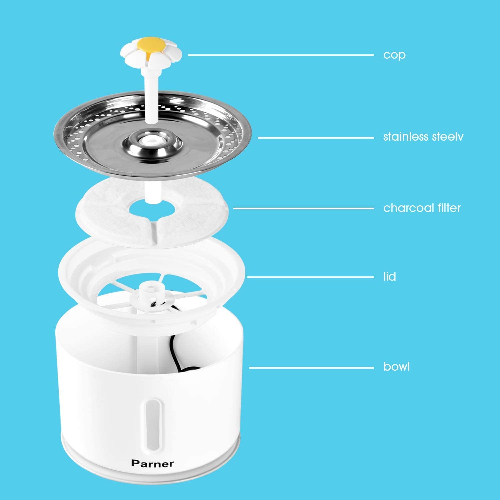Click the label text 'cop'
[x=394, y=55]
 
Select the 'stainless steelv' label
[x=423, y=137]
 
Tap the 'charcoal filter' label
[x=422, y=208]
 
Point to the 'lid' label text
[x=390, y=277]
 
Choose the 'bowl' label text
[x=397, y=367]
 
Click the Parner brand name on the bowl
[x=152, y=463]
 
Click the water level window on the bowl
[x=151, y=422]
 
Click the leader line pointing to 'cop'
[x=281, y=55]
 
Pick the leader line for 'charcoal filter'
[x=303, y=208]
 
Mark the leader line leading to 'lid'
[x=311, y=277]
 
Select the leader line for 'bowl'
[x=312, y=368]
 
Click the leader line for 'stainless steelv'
[x=316, y=138]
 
